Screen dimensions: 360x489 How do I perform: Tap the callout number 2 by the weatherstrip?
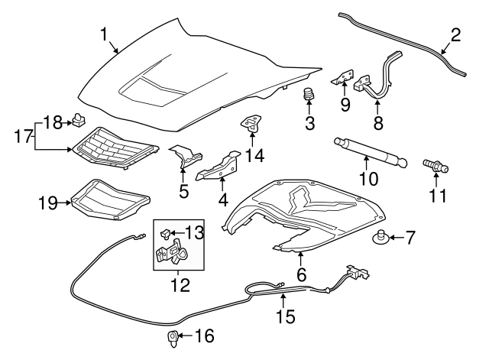pyautogui.click(x=455, y=34)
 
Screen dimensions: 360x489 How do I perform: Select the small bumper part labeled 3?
pyautogui.click(x=310, y=96)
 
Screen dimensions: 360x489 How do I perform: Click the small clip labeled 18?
pyautogui.click(x=79, y=118)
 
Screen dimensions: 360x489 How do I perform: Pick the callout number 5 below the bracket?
pyautogui.click(x=184, y=190)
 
